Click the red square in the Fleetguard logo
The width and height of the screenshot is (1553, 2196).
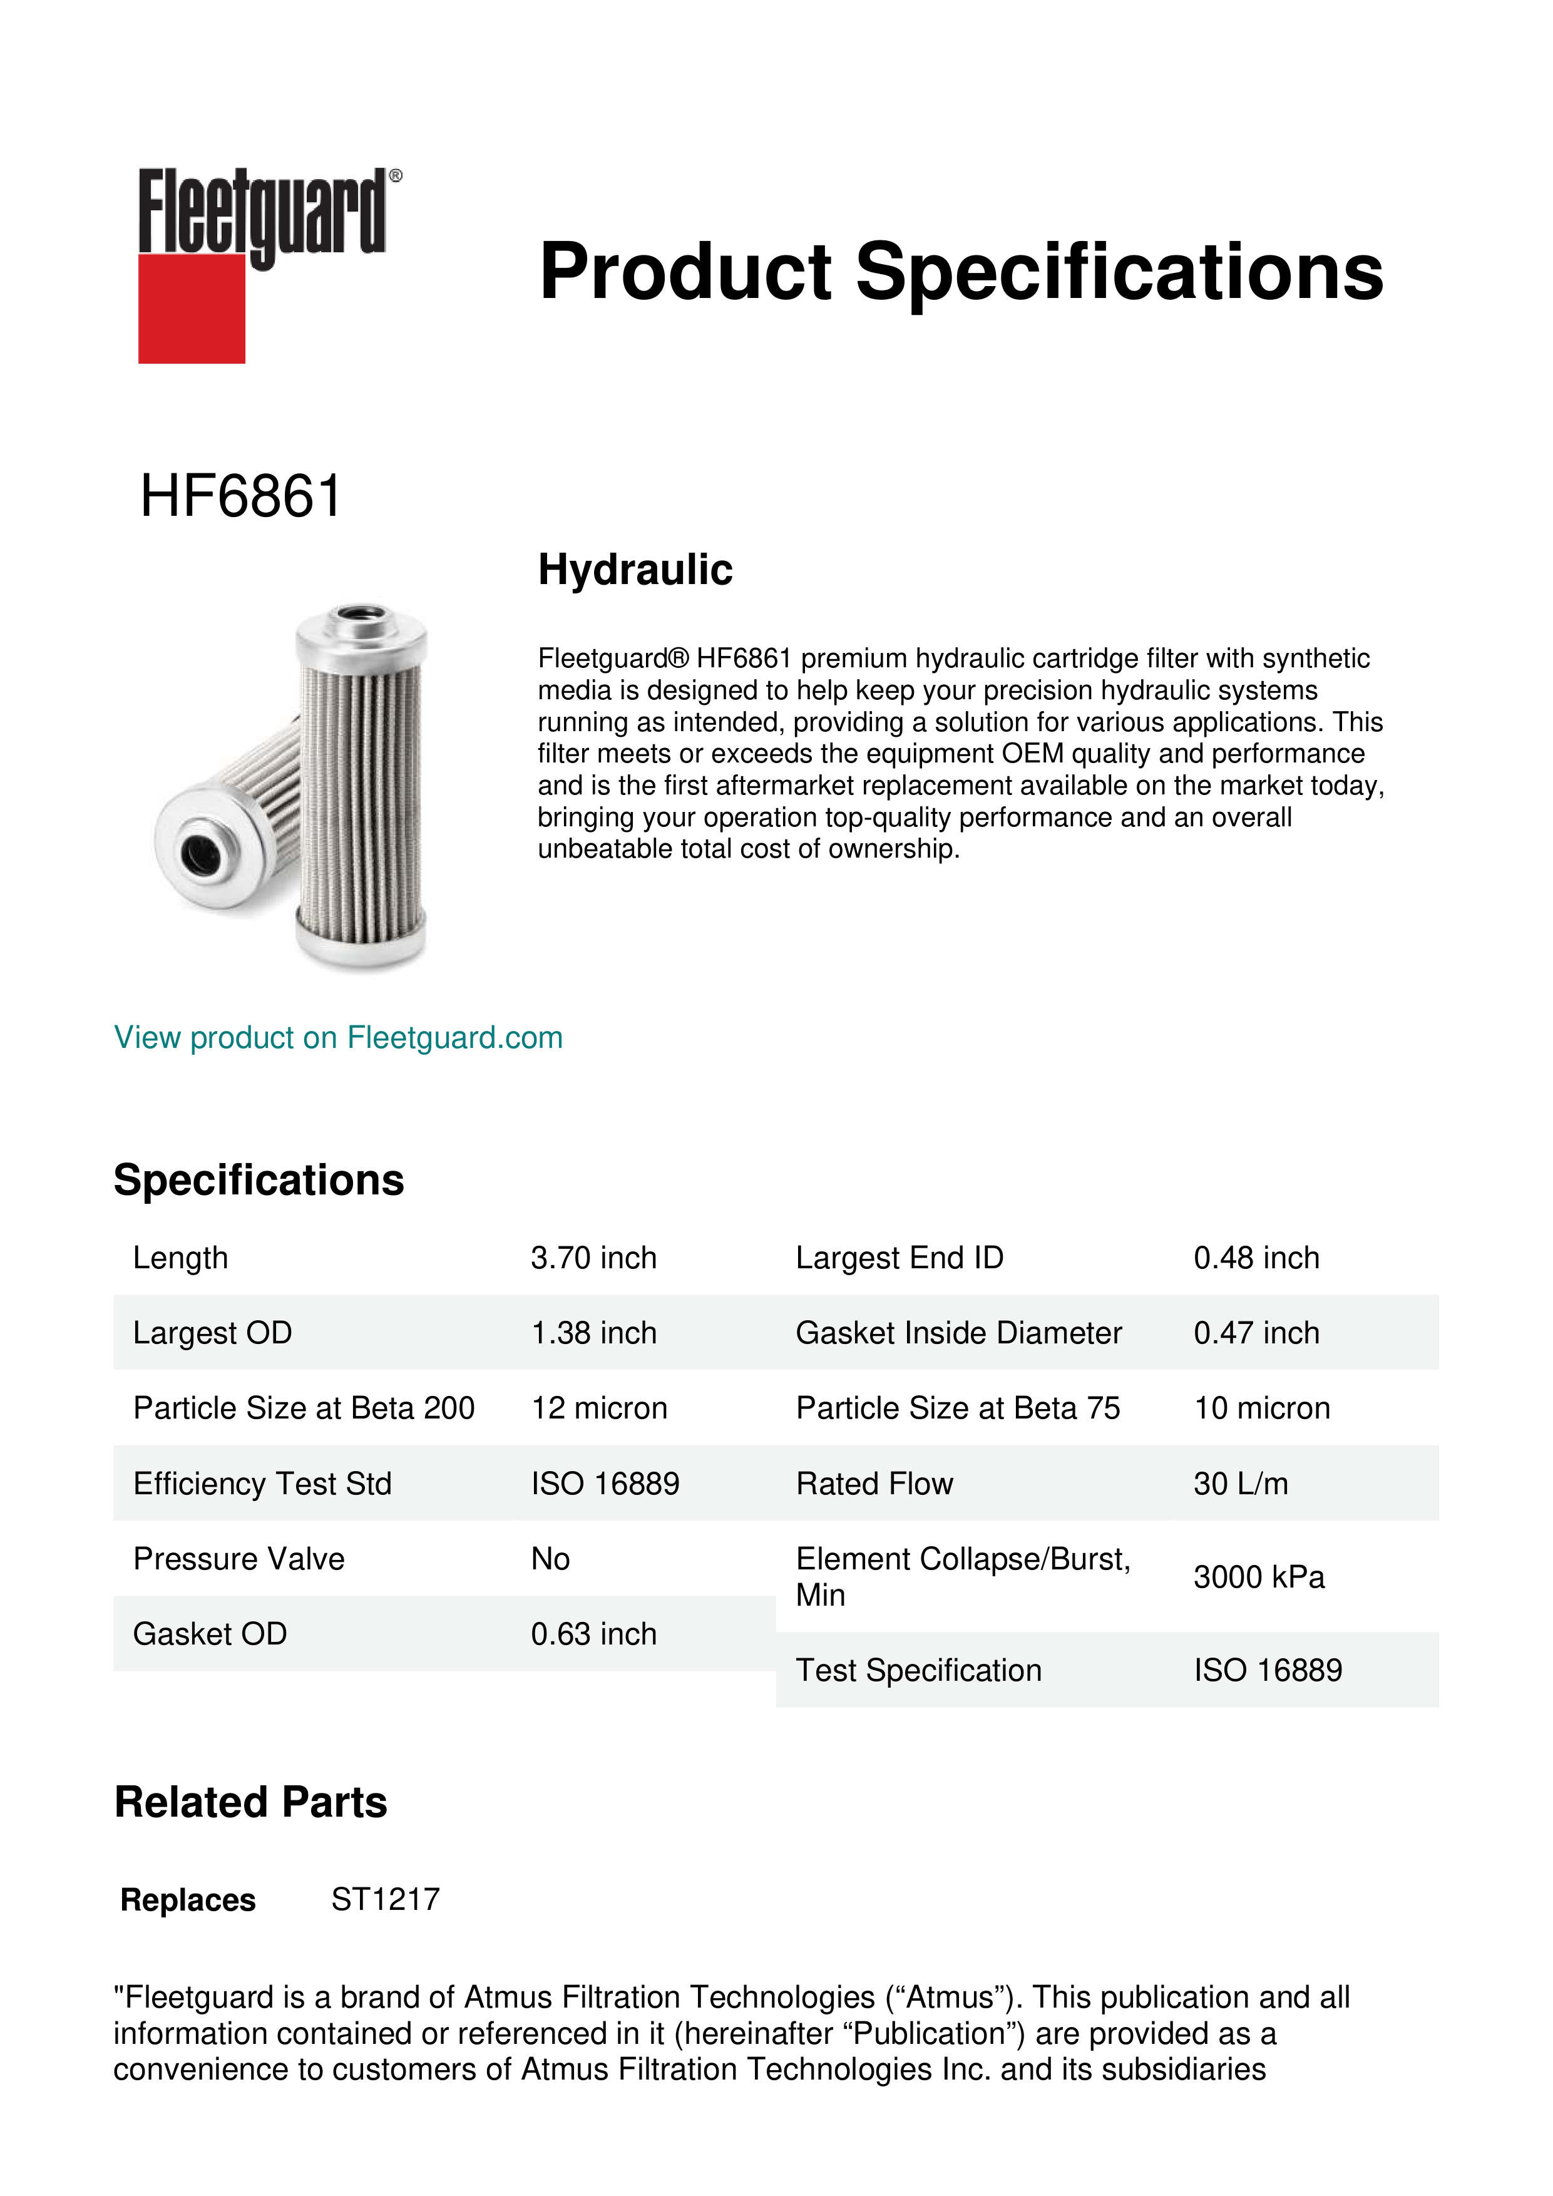coord(192,308)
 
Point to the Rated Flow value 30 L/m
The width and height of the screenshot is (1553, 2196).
coord(1240,1484)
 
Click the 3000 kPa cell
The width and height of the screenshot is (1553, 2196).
coord(1258,1577)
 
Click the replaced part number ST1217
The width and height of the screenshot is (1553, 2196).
coord(386,1899)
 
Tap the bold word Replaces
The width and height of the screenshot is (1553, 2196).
coord(188,1901)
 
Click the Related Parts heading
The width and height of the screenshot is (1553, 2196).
coord(250,1803)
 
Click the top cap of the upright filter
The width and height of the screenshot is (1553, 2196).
coord(361,623)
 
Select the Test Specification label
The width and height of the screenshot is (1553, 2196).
coord(918,1670)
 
